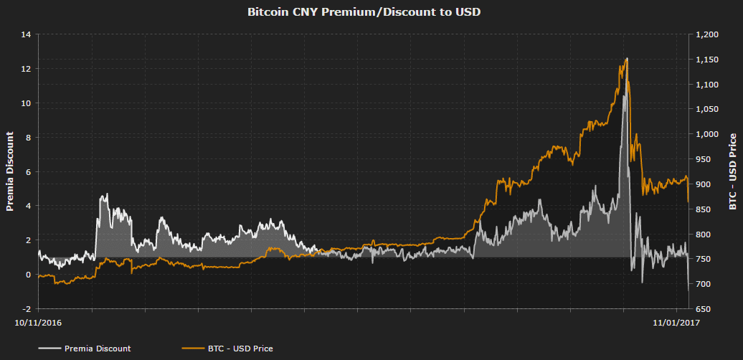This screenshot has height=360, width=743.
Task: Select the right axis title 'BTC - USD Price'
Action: point(732,171)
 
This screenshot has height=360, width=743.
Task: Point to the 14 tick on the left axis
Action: point(27,34)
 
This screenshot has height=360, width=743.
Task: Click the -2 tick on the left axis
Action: point(27,309)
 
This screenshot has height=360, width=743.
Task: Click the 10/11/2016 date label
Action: point(39,323)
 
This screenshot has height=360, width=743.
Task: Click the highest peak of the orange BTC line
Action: point(627,59)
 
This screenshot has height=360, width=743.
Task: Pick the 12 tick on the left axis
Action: point(27,69)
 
